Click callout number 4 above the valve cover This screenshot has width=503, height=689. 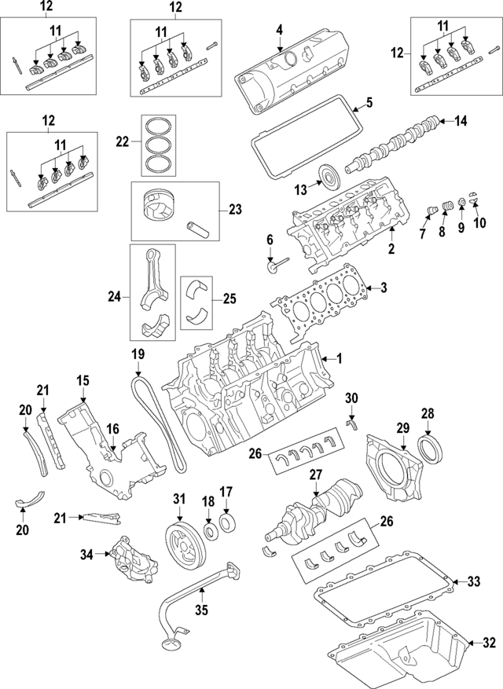[278, 31]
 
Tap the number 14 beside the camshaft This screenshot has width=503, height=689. [461, 121]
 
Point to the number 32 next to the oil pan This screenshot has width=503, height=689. [489, 643]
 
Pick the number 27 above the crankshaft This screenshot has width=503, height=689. [316, 475]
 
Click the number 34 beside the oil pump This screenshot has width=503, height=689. [86, 555]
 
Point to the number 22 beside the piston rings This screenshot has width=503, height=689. [122, 142]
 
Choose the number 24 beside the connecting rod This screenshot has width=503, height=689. [113, 296]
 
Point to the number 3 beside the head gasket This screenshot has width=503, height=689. [384, 288]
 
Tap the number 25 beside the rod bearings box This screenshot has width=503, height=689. [229, 299]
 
